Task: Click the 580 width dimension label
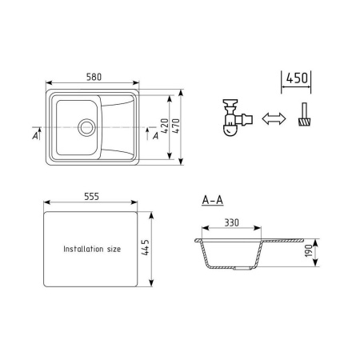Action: coord(94,77)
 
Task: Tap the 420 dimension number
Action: coord(165,126)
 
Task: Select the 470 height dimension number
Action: coord(176,126)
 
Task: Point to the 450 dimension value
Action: coord(297,78)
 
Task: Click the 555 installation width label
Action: coord(91,197)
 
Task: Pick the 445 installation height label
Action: coord(146,247)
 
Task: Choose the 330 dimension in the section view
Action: coord(231,222)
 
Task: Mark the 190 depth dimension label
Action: coord(308,250)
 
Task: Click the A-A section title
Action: coord(213,200)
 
